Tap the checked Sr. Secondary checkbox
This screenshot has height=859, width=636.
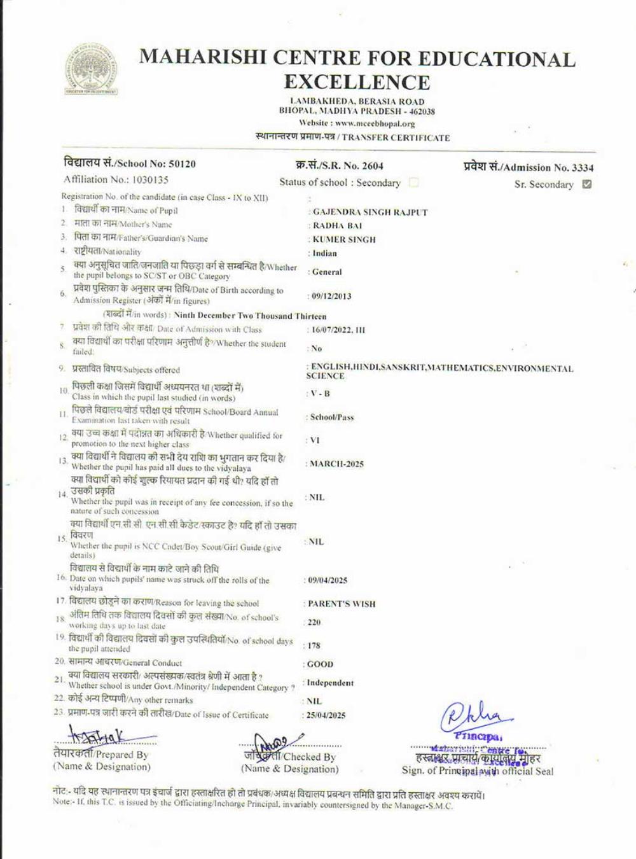[x=586, y=185]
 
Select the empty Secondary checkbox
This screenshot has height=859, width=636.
[x=413, y=183]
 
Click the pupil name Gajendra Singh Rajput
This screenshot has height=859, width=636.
[x=370, y=212]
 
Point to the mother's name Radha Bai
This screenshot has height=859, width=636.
[x=337, y=226]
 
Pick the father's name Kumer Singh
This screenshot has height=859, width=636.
[x=344, y=240]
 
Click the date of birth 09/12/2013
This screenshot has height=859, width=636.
[x=331, y=296]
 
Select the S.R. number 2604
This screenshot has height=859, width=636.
[x=373, y=166]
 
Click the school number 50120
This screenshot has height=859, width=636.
[x=183, y=164]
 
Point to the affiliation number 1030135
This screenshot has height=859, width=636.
[x=150, y=180]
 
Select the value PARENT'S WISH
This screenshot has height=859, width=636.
[x=342, y=604]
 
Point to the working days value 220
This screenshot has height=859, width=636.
[x=314, y=622]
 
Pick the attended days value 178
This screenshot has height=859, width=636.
[x=314, y=646]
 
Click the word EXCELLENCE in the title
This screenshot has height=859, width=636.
[x=357, y=82]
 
